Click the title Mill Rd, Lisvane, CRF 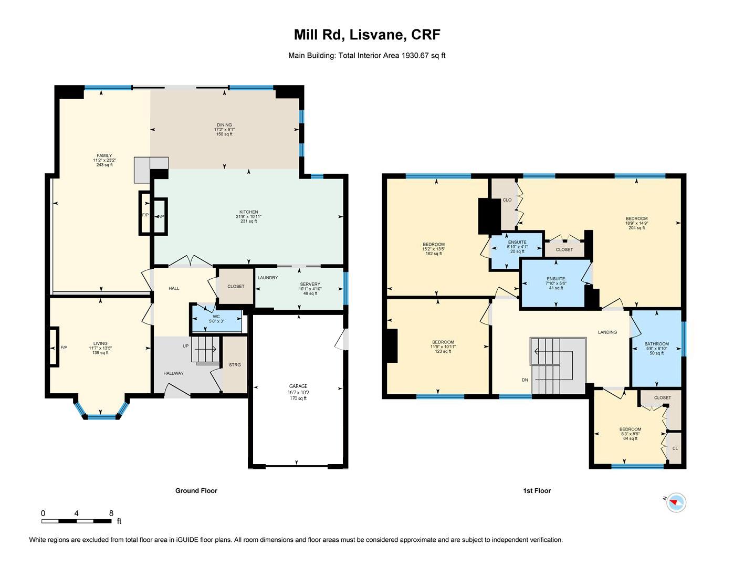367,35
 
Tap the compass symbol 676,503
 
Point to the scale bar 77,521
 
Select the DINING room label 224,125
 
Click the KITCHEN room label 249,212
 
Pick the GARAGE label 298,386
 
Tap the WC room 216,319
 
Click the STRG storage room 235,365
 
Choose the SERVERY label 310,285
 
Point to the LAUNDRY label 268,278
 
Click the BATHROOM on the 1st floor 657,349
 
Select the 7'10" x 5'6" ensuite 556,283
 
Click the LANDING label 607,332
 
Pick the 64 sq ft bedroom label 630,434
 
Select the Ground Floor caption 196,491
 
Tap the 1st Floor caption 537,491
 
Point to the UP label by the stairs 185,346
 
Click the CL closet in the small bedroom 675,448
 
